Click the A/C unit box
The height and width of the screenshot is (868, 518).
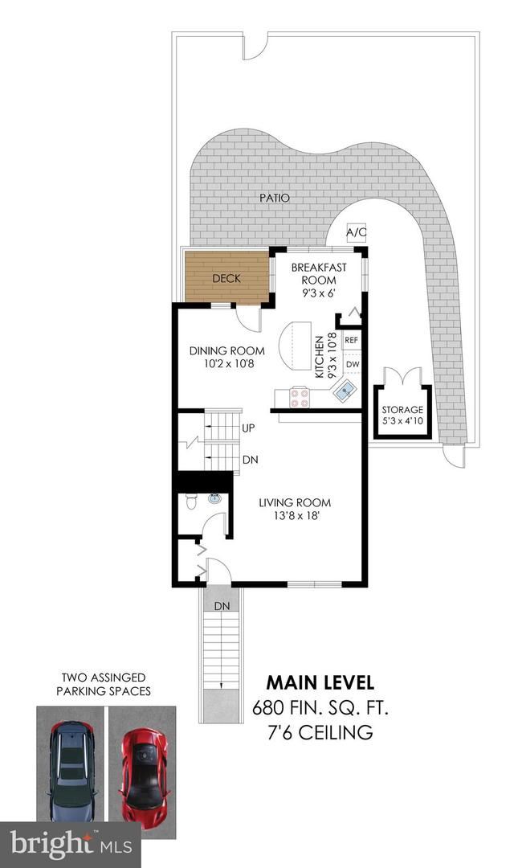(x=356, y=232)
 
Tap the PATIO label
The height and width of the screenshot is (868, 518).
(x=275, y=198)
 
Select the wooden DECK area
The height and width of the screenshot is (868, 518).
(x=227, y=277)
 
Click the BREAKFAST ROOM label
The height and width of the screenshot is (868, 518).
(x=319, y=273)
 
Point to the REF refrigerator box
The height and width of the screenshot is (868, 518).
(x=352, y=341)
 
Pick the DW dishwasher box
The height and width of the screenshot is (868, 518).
(x=353, y=364)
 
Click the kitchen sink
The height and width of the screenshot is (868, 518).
(x=346, y=392)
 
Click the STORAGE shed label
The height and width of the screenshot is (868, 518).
(x=402, y=410)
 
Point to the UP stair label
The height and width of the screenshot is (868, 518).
(x=248, y=428)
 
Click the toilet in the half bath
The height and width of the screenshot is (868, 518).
(x=191, y=500)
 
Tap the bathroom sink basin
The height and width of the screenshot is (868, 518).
(x=214, y=498)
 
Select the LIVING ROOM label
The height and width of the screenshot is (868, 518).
(x=295, y=502)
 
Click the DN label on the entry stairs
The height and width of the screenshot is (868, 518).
(x=222, y=606)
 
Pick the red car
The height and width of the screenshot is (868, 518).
(x=143, y=777)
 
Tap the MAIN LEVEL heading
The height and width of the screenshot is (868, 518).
(x=320, y=682)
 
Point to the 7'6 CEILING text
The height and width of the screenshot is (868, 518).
(x=320, y=732)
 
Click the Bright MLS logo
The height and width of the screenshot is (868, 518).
(x=71, y=845)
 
